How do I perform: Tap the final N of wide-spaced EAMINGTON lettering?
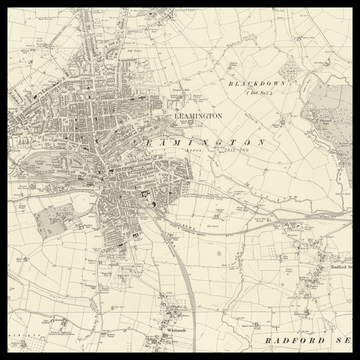tap(261, 143)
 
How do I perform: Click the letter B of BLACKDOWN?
tap(230, 83)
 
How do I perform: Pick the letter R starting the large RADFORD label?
tap(269, 341)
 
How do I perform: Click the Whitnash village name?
tap(177, 329)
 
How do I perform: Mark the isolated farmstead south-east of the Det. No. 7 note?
tap(283, 121)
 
